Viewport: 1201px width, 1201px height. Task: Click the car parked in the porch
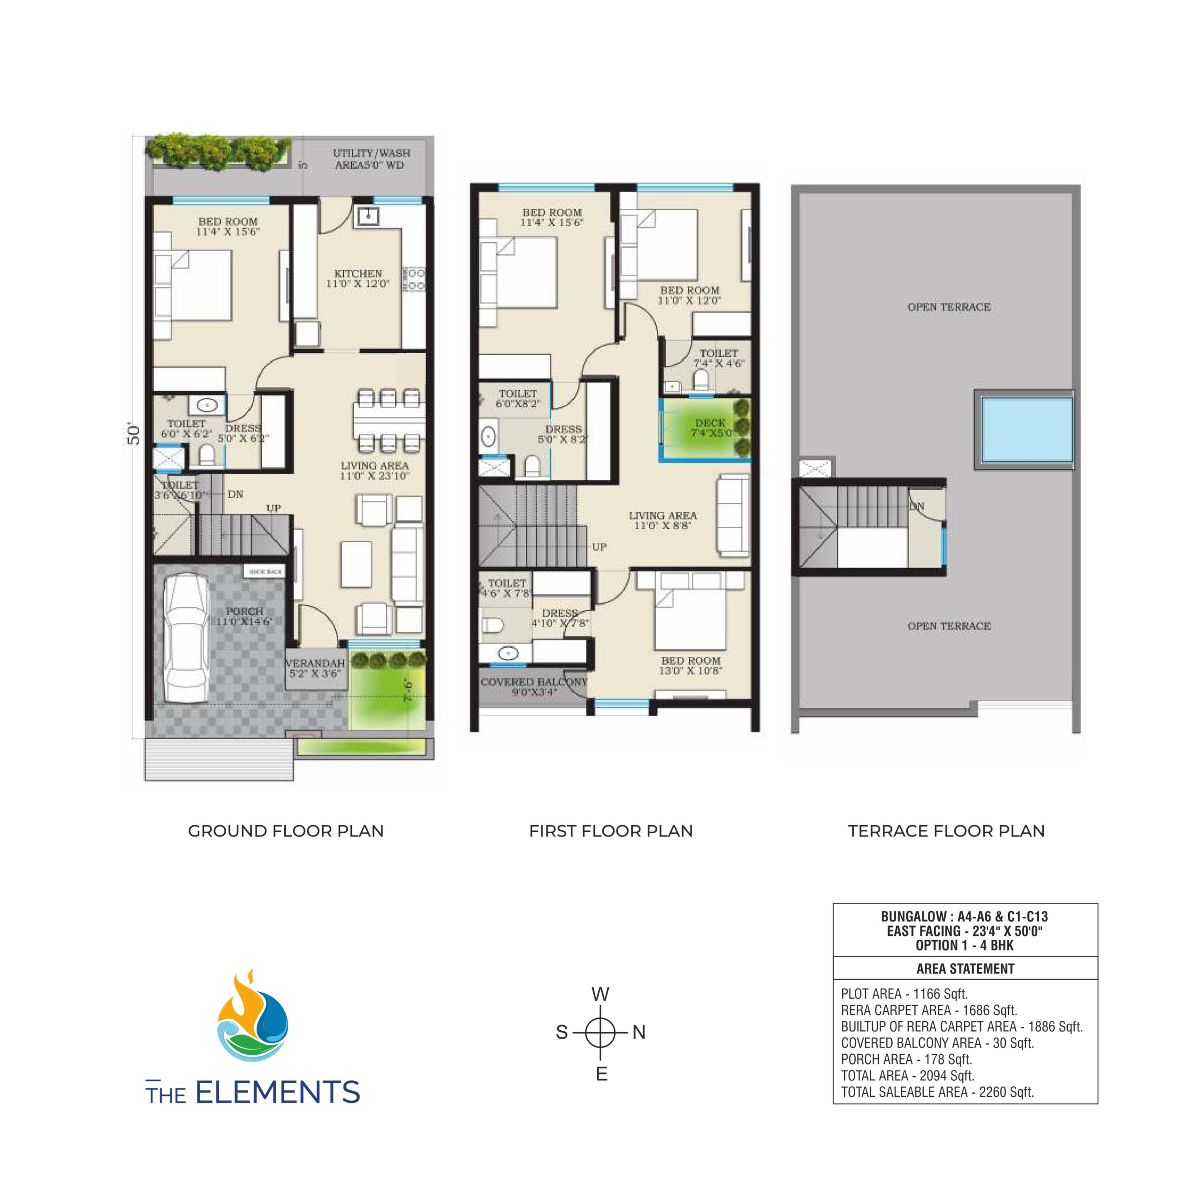tap(186, 637)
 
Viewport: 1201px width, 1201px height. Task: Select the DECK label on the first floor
tap(710, 428)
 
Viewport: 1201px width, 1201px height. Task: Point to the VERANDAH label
tap(315, 668)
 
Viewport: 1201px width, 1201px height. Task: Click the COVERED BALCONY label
tap(533, 686)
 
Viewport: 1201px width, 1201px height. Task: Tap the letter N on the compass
tap(639, 1032)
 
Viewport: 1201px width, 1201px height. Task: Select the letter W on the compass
tap(600, 995)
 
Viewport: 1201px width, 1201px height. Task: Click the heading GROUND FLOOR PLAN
tap(285, 831)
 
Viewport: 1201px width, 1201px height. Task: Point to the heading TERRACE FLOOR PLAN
tap(946, 831)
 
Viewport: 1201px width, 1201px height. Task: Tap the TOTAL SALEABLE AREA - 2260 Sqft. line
tap(937, 1092)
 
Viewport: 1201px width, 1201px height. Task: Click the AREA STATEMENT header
tap(965, 968)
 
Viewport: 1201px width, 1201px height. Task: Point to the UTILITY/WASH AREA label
tap(371, 159)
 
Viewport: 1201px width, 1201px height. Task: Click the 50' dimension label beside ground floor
tap(134, 434)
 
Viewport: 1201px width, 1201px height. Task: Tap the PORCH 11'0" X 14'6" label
tap(244, 616)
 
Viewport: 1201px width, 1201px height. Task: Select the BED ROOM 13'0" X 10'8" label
tap(691, 665)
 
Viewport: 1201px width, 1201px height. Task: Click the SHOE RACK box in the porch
tap(266, 572)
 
